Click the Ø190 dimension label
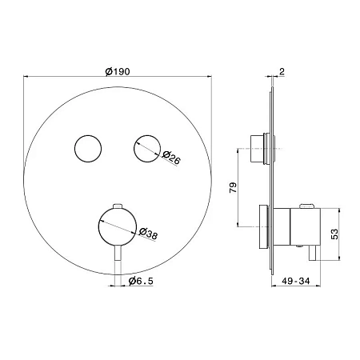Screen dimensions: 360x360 point(118,71)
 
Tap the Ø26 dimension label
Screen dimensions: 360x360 point(171,158)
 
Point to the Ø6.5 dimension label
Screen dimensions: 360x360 point(141,281)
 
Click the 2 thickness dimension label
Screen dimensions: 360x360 point(282,71)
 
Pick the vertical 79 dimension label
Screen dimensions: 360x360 point(233,187)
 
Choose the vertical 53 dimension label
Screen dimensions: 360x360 point(334,234)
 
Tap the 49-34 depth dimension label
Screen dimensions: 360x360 point(296,281)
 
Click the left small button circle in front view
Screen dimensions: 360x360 point(88,148)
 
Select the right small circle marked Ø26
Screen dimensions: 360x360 point(147,148)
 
